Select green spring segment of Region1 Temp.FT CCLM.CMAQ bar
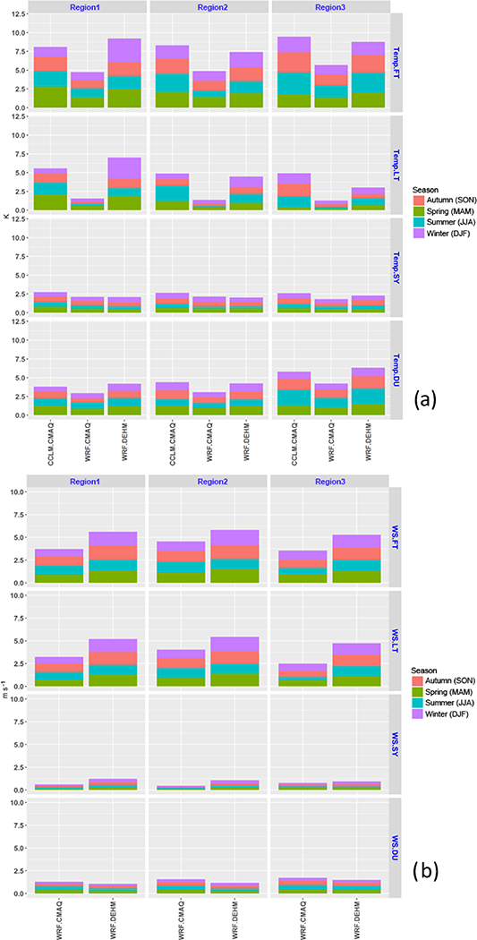pos(51,97)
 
